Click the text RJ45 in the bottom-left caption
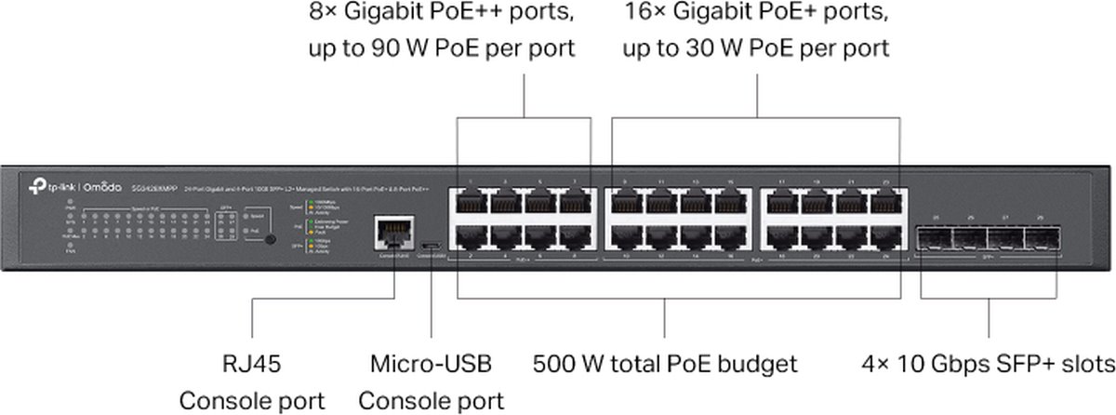pyautogui.click(x=252, y=362)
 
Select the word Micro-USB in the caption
pyautogui.click(x=432, y=362)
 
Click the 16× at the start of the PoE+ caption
pyautogui.click(x=640, y=15)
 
